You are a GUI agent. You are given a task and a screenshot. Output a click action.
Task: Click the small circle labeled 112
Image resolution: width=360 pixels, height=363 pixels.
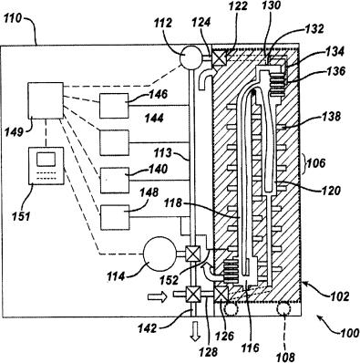coord(190,57)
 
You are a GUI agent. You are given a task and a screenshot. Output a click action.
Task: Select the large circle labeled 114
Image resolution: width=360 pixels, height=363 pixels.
coord(159,254)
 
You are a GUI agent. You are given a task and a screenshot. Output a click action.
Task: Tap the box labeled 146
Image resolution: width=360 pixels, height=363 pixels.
coord(114,106)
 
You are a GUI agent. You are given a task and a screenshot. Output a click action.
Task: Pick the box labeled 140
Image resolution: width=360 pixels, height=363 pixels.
coord(115,181)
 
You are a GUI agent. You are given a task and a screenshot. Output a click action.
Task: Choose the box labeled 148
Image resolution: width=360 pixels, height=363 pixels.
coord(115,217)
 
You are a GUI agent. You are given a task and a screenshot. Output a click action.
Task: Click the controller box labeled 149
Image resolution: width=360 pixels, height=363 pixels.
coord(46,100)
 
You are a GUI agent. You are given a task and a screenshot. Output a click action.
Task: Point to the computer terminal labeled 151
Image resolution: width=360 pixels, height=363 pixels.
coord(46,166)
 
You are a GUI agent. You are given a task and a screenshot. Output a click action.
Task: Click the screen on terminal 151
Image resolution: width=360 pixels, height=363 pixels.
coord(46,159)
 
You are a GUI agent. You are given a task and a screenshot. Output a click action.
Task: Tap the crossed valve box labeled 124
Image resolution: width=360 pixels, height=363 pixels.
coord(219,57)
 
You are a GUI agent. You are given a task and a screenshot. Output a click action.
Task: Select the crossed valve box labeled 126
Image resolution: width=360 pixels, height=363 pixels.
coord(221,294)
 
